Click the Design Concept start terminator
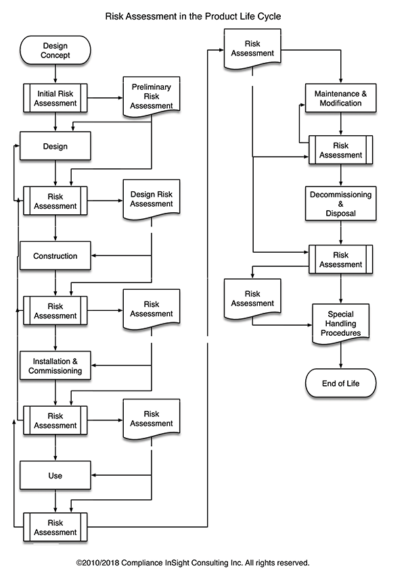(55, 51)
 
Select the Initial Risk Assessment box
(55, 98)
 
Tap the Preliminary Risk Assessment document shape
(152, 95)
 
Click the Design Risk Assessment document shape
(152, 199)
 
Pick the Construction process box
(55, 256)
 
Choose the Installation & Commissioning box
(55, 366)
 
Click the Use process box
(55, 476)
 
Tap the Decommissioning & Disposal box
(340, 203)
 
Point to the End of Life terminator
(340, 384)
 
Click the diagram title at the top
(193, 15)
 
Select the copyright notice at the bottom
(193, 562)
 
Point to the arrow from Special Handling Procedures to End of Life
(340, 355)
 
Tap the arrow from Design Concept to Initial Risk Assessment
(55, 74)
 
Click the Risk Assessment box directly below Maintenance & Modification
(340, 150)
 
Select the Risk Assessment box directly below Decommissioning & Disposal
(340, 259)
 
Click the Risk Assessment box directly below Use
(55, 527)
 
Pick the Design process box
(55, 146)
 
